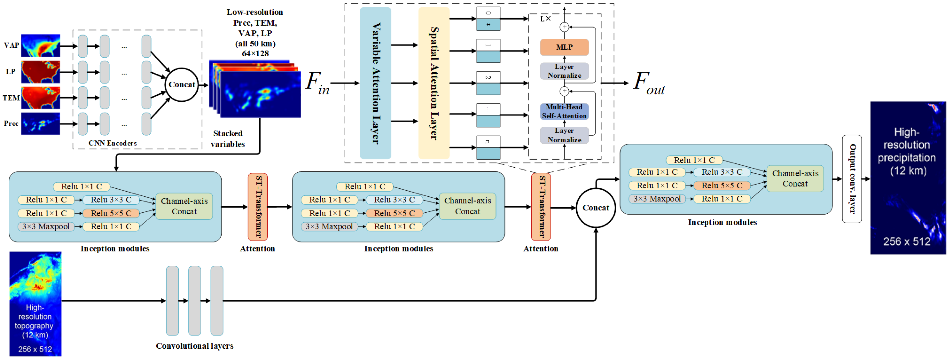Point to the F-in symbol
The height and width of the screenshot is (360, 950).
(317, 83)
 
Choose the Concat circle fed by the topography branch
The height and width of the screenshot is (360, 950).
(596, 208)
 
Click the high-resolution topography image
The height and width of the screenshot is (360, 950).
(35, 303)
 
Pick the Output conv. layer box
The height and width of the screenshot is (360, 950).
(852, 179)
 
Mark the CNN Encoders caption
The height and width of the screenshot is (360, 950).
(112, 143)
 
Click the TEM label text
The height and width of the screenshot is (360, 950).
(11, 98)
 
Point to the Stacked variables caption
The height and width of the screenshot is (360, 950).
(228, 139)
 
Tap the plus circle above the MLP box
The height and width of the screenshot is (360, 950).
(564, 27)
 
